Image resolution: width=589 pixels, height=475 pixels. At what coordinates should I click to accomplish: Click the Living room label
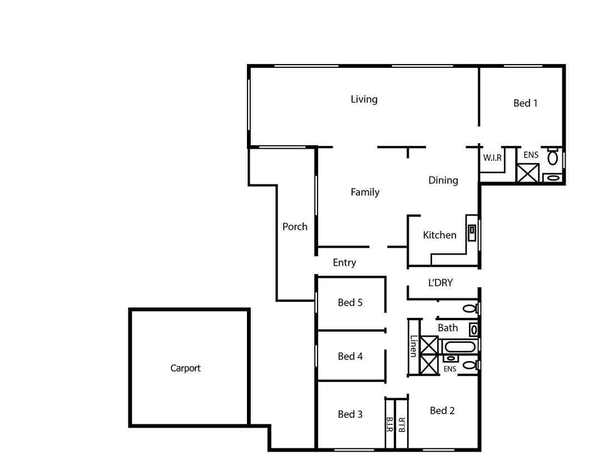[364, 99]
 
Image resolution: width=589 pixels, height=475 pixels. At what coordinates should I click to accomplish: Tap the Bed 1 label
[525, 103]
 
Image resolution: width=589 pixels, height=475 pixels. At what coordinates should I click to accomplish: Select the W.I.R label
[492, 158]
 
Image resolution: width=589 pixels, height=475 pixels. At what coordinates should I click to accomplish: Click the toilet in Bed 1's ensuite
[552, 156]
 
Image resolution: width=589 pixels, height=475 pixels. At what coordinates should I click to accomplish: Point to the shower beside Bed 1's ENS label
[528, 173]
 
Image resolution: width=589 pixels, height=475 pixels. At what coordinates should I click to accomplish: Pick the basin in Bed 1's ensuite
[553, 178]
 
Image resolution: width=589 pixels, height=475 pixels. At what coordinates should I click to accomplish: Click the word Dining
[443, 180]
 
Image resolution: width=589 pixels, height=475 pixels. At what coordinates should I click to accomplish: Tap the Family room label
[365, 192]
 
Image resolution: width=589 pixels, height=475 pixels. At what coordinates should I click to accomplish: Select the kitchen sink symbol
[472, 233]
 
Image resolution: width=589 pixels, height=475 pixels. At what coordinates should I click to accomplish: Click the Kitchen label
[439, 235]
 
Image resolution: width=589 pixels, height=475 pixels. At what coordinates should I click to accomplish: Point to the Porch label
[295, 227]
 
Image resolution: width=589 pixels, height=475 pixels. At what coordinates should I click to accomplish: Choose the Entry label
[344, 262]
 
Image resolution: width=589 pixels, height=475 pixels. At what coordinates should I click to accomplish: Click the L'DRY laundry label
[440, 283]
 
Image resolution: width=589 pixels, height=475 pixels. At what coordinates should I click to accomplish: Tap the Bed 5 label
[350, 303]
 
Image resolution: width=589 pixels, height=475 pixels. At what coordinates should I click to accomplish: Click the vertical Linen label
[413, 346]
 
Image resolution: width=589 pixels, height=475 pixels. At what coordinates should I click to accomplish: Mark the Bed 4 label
[350, 356]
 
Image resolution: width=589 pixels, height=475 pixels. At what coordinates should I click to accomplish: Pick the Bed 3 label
[350, 414]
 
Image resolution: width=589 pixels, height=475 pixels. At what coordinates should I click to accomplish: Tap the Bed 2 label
[442, 411]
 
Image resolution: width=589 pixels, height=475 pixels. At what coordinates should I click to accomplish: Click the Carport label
[186, 368]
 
